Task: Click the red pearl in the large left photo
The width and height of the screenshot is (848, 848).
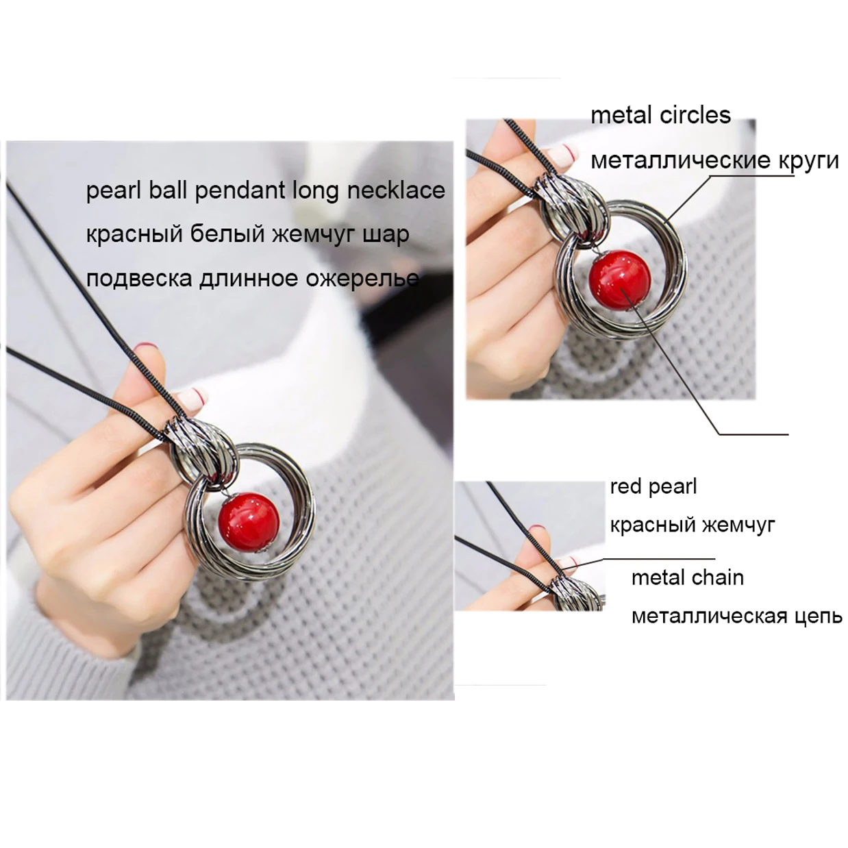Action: (x=249, y=522)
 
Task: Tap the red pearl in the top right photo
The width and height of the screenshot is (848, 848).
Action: (x=620, y=280)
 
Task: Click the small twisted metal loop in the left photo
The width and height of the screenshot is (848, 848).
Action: (x=203, y=453)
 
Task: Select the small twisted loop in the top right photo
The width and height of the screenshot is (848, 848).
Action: (x=572, y=211)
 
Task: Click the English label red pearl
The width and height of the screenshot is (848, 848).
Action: (x=653, y=487)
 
